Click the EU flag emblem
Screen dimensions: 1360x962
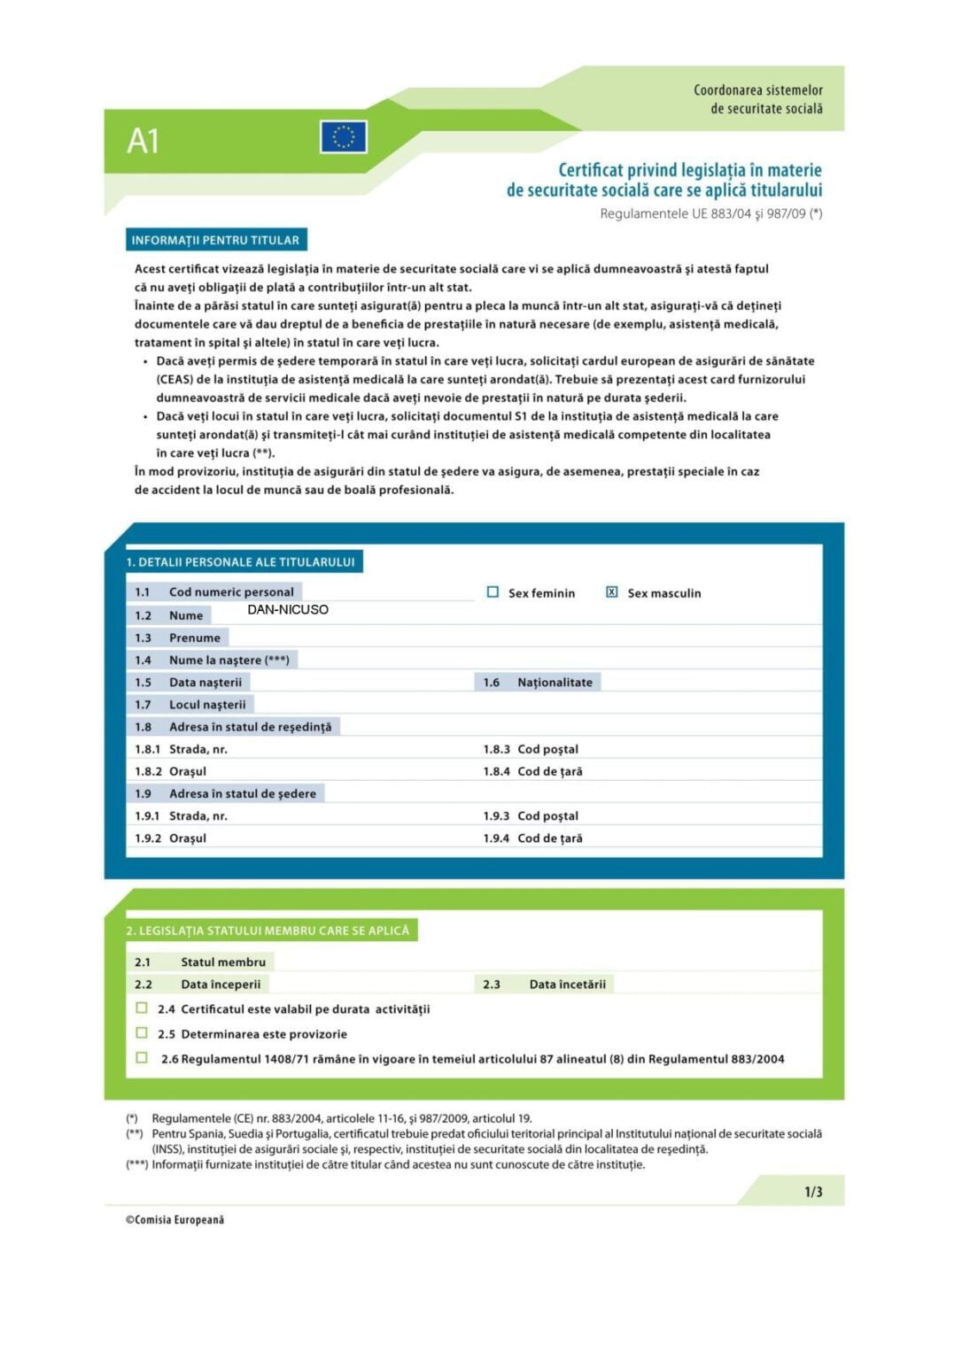pyautogui.click(x=344, y=137)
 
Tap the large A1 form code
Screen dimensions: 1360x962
pyautogui.click(x=143, y=141)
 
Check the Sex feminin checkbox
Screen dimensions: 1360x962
pyautogui.click(x=493, y=592)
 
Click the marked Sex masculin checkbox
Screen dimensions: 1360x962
pyautogui.click(x=612, y=592)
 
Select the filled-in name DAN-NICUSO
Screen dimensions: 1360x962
pyautogui.click(x=288, y=610)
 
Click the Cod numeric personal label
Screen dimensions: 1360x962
pyautogui.click(x=231, y=592)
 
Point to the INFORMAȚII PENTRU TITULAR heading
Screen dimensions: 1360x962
pyautogui.click(x=215, y=240)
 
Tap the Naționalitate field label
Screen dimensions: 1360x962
pyautogui.click(x=555, y=683)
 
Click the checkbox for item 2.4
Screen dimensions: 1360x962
pyautogui.click(x=142, y=1008)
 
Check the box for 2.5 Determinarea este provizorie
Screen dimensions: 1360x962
pyautogui.click(x=142, y=1032)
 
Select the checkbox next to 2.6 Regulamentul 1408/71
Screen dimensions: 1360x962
pyautogui.click(x=142, y=1057)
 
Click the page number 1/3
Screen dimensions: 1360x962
pyautogui.click(x=813, y=1192)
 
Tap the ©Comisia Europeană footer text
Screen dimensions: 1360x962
pyautogui.click(x=175, y=1220)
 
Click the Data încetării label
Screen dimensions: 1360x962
pyautogui.click(x=567, y=985)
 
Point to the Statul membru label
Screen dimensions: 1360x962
pyautogui.click(x=222, y=962)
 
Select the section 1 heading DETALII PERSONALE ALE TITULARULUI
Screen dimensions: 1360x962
pyautogui.click(x=240, y=562)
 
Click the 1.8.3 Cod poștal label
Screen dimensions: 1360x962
pyautogui.click(x=547, y=749)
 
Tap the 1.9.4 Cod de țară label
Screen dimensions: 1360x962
pyautogui.click(x=549, y=838)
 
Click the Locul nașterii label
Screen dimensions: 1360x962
pyautogui.click(x=207, y=705)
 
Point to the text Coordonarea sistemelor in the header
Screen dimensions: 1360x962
pyautogui.click(x=757, y=90)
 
